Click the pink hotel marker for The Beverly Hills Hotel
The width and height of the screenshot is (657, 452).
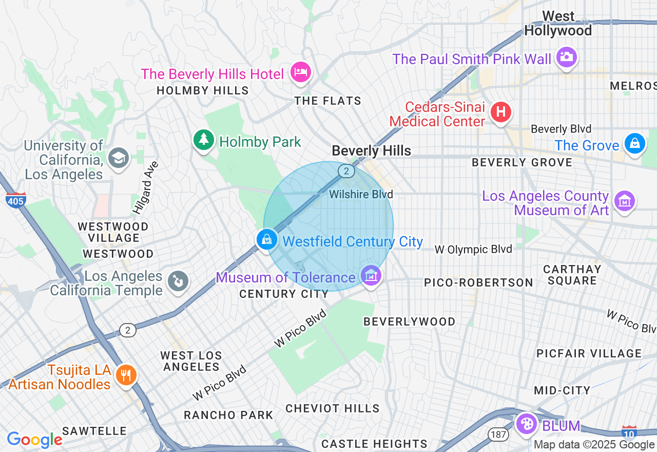[300, 72]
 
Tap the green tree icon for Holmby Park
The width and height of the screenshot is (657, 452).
[204, 140]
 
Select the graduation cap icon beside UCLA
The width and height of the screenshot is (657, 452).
[118, 157]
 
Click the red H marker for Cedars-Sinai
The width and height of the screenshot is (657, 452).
[501, 112]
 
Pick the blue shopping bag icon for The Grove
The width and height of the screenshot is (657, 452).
[635, 143]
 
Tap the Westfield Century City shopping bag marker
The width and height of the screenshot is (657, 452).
[267, 239]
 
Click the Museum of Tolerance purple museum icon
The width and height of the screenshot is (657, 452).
[371, 276]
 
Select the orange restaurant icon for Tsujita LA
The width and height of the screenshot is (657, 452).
[124, 375]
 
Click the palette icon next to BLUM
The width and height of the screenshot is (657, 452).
[526, 424]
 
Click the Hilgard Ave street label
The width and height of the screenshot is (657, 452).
[145, 187]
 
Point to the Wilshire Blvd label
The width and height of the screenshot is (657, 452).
[361, 194]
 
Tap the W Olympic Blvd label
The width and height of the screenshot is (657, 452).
[473, 249]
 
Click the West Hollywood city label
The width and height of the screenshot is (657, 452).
[558, 24]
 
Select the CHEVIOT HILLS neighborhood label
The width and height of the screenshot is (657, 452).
[333, 408]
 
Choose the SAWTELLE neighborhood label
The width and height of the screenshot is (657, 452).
[94, 430]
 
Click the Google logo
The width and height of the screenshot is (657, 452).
[35, 440]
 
